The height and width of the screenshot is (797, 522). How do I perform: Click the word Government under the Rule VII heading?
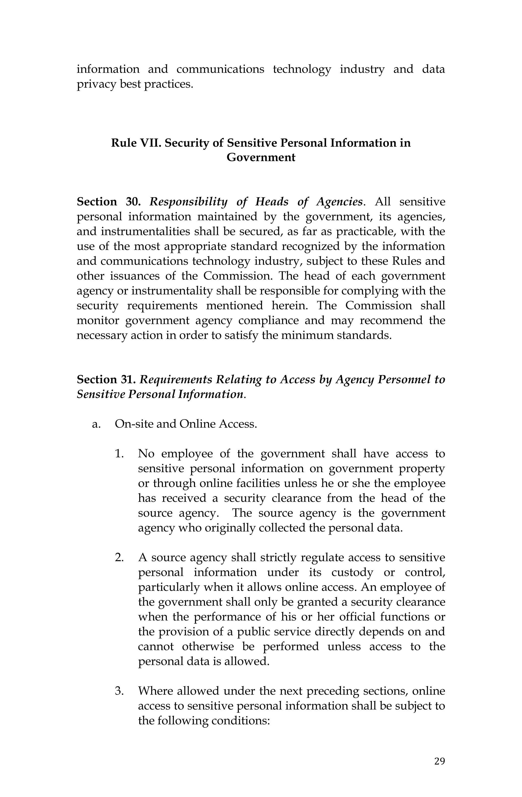coord(261,157)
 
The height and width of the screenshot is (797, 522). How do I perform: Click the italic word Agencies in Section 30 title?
coord(339,202)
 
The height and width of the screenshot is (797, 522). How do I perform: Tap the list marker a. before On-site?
coord(96,424)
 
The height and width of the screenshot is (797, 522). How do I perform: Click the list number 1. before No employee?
coord(119,454)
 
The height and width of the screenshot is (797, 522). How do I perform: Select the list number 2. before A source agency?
coord(119,557)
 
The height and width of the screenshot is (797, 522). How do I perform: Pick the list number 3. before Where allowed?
coord(119,691)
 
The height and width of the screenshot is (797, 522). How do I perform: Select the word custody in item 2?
coord(352,572)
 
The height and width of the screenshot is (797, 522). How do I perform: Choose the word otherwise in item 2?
coord(208,646)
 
